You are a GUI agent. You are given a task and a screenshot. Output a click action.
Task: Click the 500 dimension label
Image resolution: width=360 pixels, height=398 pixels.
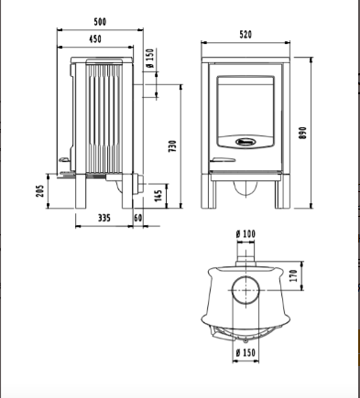(100, 22)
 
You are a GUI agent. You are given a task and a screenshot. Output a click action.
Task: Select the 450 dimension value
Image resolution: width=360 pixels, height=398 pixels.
(95, 39)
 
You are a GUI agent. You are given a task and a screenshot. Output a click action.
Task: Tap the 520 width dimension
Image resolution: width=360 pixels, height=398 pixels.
(245, 35)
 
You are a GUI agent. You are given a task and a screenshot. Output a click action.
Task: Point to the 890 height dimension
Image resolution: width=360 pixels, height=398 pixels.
(302, 133)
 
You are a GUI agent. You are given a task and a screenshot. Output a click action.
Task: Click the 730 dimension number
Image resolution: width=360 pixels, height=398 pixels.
(173, 146)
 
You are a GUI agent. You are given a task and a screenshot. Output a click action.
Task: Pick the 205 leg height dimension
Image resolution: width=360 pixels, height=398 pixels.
(40, 191)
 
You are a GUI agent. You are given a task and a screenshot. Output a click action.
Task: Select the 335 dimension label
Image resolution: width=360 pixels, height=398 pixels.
(104, 218)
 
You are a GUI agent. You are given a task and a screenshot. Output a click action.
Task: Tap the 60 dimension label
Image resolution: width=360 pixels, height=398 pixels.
(138, 218)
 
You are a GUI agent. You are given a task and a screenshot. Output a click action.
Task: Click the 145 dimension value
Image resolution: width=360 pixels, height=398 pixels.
(158, 196)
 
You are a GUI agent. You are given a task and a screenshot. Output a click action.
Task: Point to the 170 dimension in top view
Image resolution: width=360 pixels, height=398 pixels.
(294, 275)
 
